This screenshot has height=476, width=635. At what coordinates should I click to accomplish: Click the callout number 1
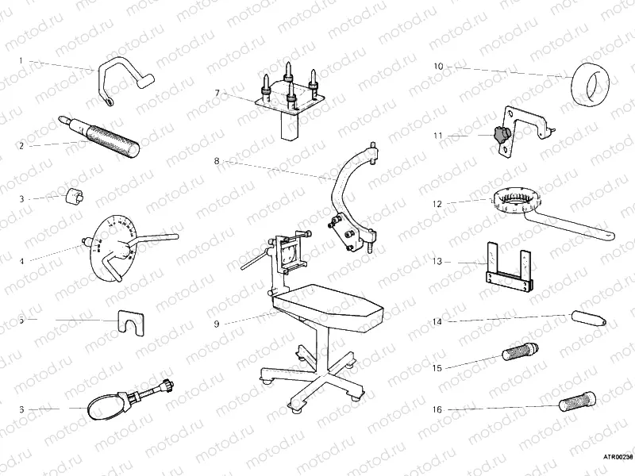21,60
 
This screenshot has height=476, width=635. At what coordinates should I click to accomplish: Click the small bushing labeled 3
76,194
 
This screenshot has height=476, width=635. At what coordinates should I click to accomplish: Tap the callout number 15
437,367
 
